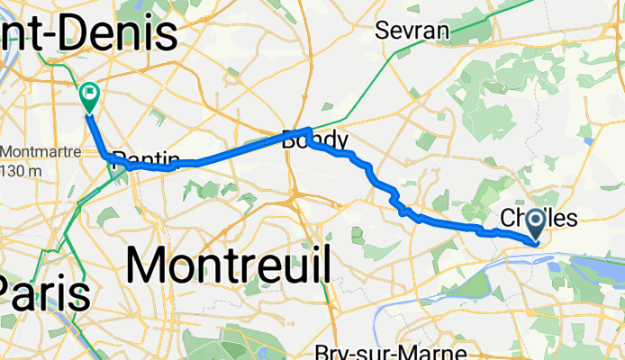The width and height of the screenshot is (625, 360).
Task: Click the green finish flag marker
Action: point(90,93)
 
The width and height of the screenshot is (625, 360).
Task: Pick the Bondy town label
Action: point(313,140)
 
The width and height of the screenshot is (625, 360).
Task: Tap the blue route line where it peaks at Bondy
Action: point(308,130)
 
